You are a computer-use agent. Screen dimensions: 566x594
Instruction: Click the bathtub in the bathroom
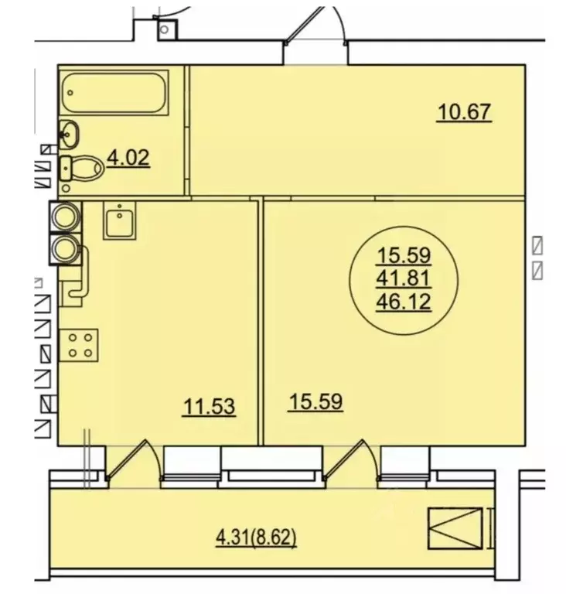(114, 92)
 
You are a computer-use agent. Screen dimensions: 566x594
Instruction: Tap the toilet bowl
(82, 168)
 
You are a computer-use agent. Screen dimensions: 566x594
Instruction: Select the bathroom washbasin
(69, 135)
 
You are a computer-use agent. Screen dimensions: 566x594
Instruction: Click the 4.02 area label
(128, 158)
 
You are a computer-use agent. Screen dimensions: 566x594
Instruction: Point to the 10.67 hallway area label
(464, 112)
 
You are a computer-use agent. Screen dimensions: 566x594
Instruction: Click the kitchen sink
(119, 220)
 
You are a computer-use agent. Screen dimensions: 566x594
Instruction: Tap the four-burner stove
(79, 345)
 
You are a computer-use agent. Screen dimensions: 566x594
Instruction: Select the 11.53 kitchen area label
(209, 407)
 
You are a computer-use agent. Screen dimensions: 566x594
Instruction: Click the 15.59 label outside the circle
(315, 402)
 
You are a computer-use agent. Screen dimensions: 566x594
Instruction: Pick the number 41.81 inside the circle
(404, 278)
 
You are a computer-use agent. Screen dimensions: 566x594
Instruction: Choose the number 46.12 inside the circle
(404, 302)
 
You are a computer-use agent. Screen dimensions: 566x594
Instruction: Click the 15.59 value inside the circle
(404, 255)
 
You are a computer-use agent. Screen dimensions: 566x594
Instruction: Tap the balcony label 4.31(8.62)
(256, 538)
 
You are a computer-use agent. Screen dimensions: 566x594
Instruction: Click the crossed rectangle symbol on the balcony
(455, 528)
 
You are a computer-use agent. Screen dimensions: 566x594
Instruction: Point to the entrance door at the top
(315, 25)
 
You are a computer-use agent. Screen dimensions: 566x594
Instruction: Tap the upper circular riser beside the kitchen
(66, 217)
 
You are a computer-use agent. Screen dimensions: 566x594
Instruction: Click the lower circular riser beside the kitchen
(66, 249)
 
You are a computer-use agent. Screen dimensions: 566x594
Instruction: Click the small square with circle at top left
(167, 29)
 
